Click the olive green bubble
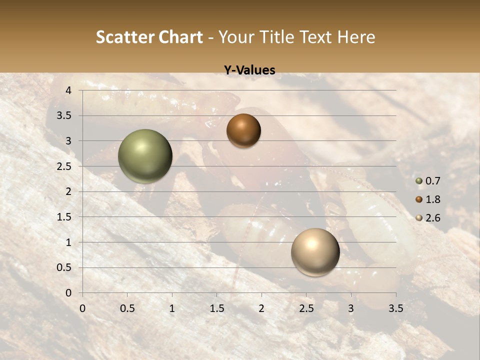pyautogui.click(x=145, y=156)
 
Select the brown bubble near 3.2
pyautogui.click(x=243, y=130)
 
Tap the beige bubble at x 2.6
pyautogui.click(x=315, y=252)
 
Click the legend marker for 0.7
pyautogui.click(x=418, y=181)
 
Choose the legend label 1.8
pyautogui.click(x=432, y=199)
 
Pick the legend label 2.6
pyautogui.click(x=432, y=218)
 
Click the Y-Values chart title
pyautogui.click(x=249, y=70)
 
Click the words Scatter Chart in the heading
pyautogui.click(x=149, y=37)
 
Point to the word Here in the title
pyautogui.click(x=356, y=37)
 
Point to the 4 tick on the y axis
pyautogui.click(x=68, y=90)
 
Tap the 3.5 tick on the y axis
pyautogui.click(x=65, y=116)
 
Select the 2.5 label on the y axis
pyautogui.click(x=65, y=166)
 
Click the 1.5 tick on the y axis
pyautogui.click(x=65, y=217)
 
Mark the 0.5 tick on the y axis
pyautogui.click(x=65, y=267)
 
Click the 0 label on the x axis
pyautogui.click(x=82, y=308)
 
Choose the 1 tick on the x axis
pyautogui.click(x=172, y=308)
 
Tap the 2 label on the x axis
pyautogui.click(x=261, y=308)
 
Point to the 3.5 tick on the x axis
pyautogui.click(x=395, y=308)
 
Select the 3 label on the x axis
pyautogui.click(x=351, y=308)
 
